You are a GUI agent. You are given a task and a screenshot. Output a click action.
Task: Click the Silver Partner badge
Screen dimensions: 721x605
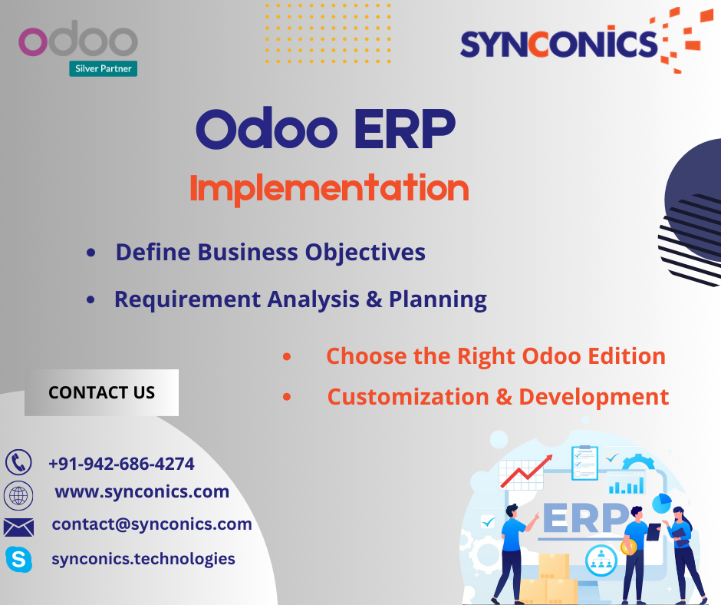coord(103,68)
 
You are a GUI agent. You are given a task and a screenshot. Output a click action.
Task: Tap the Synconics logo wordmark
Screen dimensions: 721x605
coord(559,44)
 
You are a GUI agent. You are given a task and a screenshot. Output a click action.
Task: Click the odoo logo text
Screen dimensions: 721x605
coord(78,38)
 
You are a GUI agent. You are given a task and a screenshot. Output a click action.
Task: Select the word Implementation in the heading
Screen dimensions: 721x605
coord(329,188)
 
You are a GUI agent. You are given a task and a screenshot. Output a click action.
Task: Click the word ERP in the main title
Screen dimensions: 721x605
coord(405,130)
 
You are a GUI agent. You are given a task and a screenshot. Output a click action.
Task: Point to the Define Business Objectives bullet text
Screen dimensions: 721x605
coord(270,253)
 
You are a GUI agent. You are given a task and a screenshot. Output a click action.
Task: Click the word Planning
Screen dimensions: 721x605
coord(438,299)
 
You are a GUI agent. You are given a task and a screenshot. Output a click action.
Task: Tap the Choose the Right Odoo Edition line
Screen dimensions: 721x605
coord(495,356)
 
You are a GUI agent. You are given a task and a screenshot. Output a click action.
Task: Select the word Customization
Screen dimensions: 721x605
coord(408,397)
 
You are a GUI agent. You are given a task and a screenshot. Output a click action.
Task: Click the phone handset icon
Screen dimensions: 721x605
coord(18,462)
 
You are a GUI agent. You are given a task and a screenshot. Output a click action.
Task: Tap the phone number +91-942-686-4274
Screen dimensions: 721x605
coord(121,464)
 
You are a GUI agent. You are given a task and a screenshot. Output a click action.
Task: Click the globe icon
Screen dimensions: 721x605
coord(18,495)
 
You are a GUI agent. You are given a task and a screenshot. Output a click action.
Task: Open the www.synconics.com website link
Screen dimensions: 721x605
coord(142,491)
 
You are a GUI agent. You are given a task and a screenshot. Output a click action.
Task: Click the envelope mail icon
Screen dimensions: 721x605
coord(18,527)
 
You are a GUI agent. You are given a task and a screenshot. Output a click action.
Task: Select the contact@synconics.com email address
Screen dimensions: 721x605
coord(152,524)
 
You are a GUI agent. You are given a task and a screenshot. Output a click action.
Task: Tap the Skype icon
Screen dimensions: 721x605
coord(19,560)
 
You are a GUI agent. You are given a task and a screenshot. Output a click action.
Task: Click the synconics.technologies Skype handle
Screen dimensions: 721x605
coord(143,558)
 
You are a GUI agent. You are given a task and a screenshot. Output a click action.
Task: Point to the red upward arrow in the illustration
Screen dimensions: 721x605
coord(526,471)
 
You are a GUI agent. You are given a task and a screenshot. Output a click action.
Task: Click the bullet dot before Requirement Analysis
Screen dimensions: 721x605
coord(91,299)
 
